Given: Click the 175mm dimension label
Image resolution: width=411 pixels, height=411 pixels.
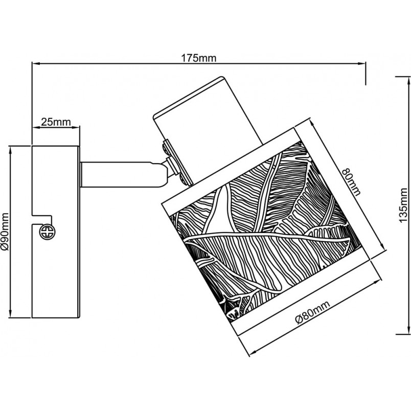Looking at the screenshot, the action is pyautogui.click(x=199, y=58).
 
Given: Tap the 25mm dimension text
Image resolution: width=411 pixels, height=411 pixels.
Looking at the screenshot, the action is pyautogui.click(x=56, y=122).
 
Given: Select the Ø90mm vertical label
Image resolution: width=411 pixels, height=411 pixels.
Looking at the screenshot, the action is pyautogui.click(x=5, y=232).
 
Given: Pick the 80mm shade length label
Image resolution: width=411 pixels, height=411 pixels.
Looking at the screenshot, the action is pyautogui.click(x=352, y=181).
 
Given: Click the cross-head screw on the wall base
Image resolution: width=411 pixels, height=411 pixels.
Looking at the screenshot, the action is pyautogui.click(x=48, y=232).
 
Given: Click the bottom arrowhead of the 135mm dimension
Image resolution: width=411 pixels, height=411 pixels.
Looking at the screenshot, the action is pyautogui.click(x=408, y=330).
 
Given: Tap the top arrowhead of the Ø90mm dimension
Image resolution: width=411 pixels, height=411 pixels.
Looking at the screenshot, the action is pyautogui.click(x=11, y=150).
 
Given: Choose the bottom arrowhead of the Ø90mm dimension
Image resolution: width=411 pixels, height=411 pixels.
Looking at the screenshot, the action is pyautogui.click(x=11, y=313).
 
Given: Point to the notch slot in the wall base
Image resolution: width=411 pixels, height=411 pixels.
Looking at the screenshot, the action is pyautogui.click(x=41, y=220).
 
